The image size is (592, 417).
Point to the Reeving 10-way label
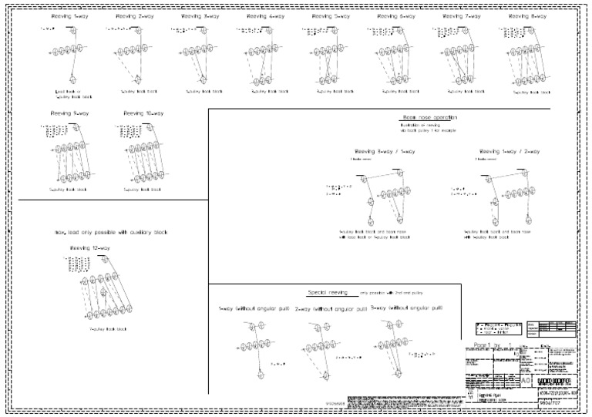pyautogui.click(x=143, y=113)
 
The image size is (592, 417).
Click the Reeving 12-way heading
pyautogui.click(x=90, y=247)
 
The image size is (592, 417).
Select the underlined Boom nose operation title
pyautogui.click(x=429, y=117)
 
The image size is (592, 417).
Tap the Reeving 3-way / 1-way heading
pyautogui.click(x=384, y=151)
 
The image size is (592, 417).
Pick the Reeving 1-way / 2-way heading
pyautogui.click(x=510, y=151)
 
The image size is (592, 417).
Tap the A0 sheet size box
pyautogui.click(x=526, y=381)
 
